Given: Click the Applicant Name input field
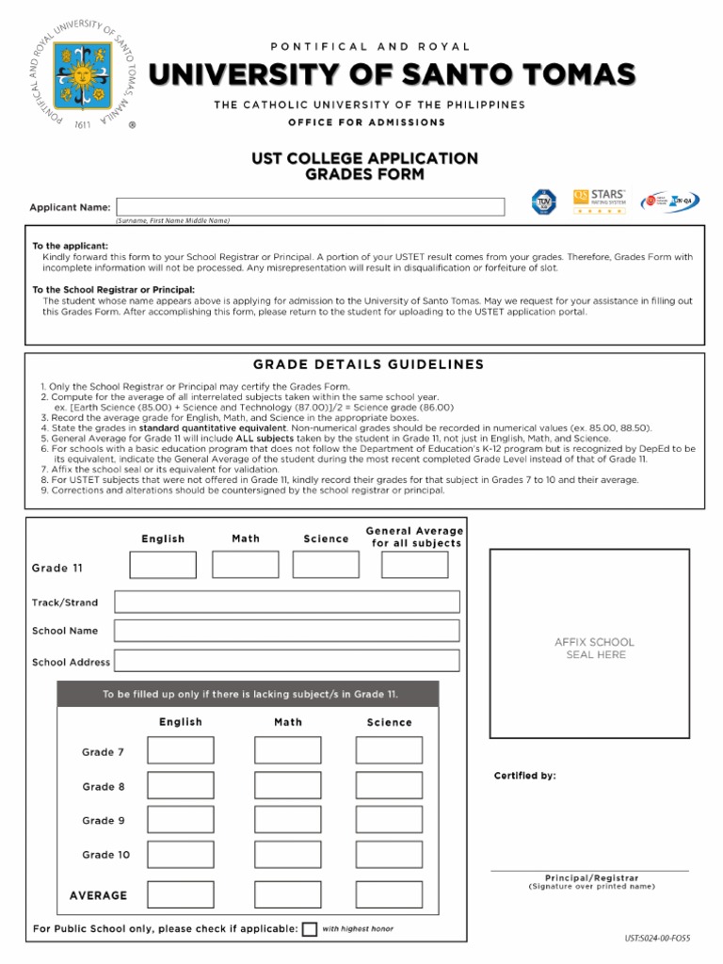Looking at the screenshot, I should pos(310,207).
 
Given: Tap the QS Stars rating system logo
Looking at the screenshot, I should pos(599,201).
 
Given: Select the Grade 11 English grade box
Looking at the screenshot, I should pos(163,565).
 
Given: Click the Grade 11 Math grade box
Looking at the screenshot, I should pos(246,565).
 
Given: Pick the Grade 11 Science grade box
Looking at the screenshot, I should pos(326,565).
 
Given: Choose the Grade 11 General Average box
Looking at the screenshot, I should pos(415,565).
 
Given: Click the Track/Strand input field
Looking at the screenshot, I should pos(287,602).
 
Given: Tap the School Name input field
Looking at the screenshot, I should pos(287,631).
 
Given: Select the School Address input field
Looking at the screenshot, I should pos(287,661).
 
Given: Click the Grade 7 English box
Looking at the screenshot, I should pos(181,751).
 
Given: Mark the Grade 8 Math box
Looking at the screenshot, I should pos(287,786).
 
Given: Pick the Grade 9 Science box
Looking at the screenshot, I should pos(389,820).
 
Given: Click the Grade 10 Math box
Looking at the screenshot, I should pos(287,855).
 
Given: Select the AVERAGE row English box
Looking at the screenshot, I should pos(181,894).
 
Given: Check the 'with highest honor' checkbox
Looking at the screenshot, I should pos(310,929).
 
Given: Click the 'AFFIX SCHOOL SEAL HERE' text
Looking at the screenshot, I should pos(594,649).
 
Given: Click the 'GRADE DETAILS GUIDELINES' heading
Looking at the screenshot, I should pos(368,364).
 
